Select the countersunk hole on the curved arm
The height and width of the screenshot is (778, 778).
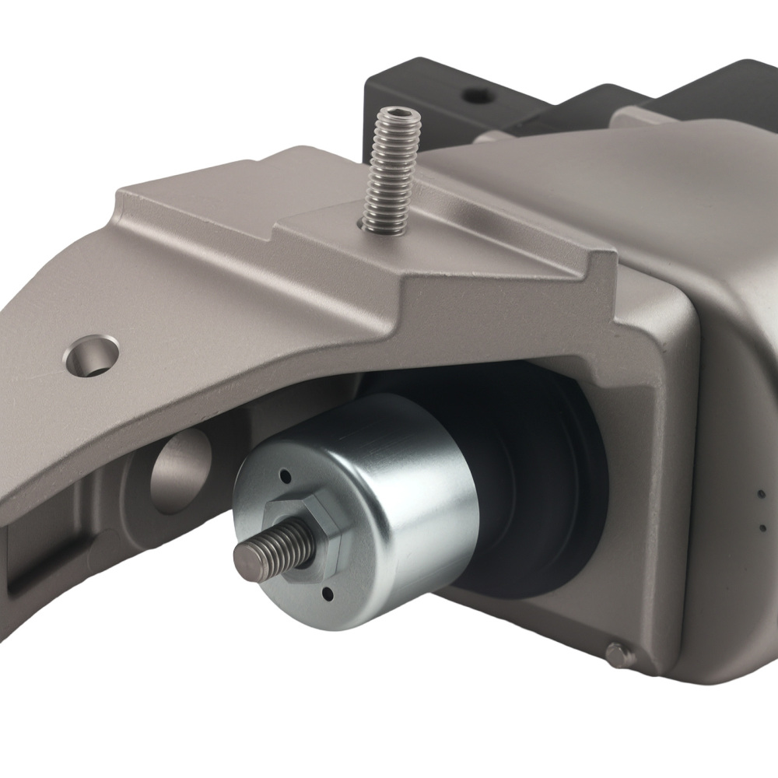coord(93,355)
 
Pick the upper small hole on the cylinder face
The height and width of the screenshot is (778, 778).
coord(286,474)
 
